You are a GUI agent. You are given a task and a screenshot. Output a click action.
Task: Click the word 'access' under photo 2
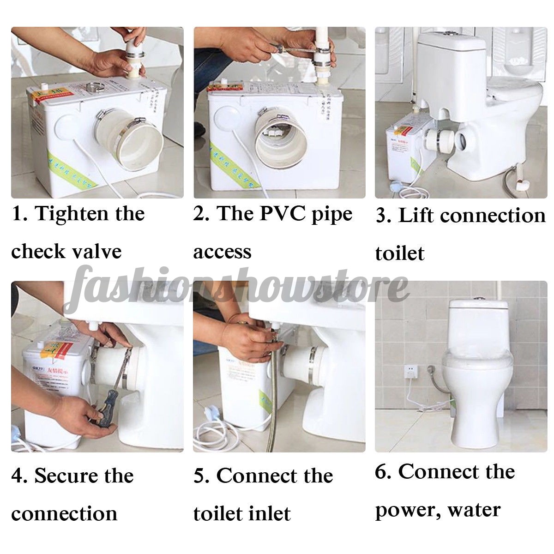(222, 252)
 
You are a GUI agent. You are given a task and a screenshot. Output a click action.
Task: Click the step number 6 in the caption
(381, 472)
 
